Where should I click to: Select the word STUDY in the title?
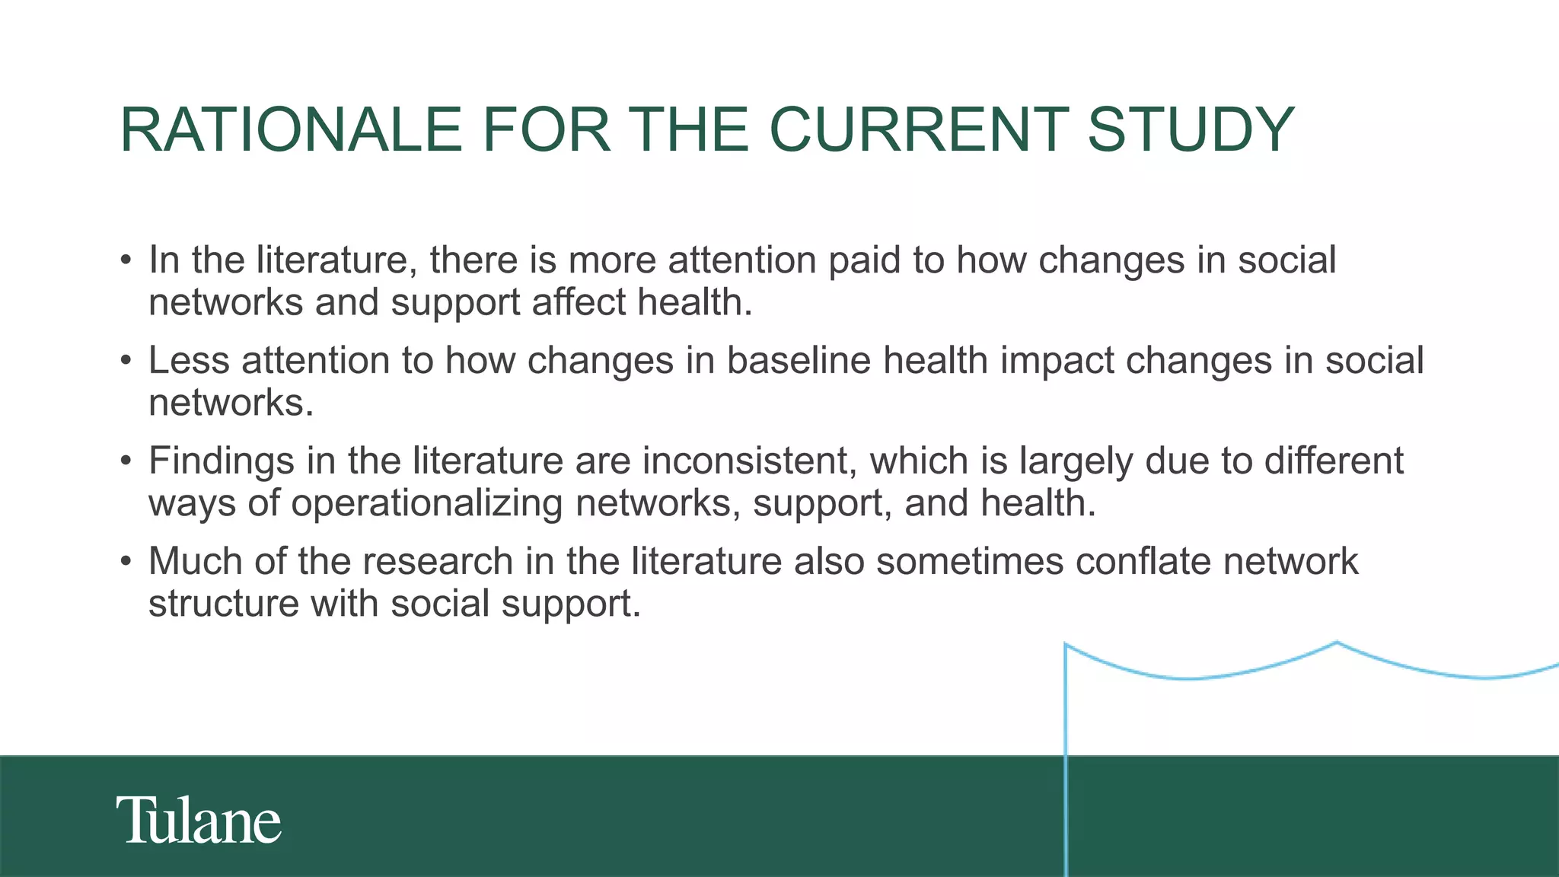[x=1191, y=129]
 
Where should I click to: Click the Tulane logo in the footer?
[x=199, y=821]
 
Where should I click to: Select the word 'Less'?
[x=189, y=360]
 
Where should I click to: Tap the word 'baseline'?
[x=799, y=360]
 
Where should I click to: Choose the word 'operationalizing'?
[x=427, y=504]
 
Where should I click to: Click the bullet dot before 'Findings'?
[x=126, y=462]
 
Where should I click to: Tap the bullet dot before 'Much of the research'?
[x=126, y=563]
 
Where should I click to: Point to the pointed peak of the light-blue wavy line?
[x=1337, y=643]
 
